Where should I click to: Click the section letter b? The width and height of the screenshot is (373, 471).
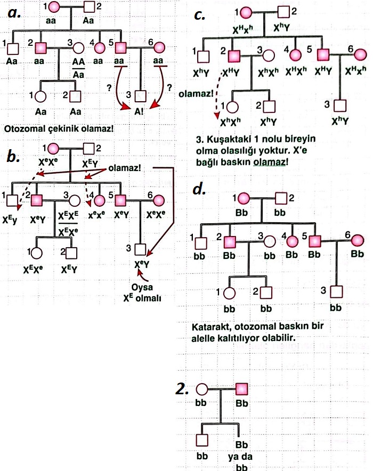point(14,157)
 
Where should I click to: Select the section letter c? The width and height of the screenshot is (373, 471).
point(200,15)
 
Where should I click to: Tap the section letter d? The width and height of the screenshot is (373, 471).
point(199,189)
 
